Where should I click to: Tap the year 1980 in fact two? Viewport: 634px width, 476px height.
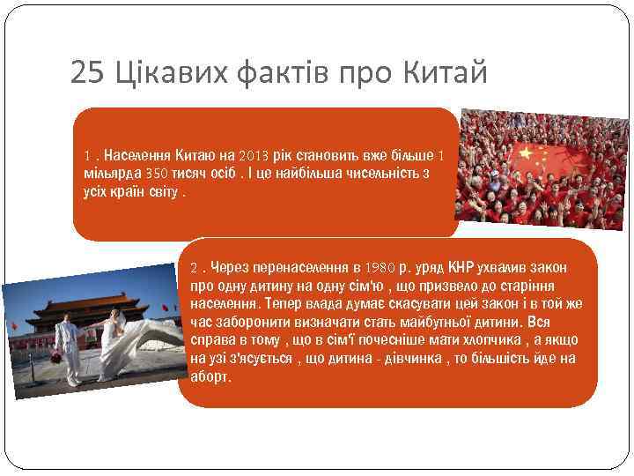coord(379,267)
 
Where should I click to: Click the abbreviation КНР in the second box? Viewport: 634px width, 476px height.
coord(461,267)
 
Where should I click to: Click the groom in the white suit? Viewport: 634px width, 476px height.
coord(67,348)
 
